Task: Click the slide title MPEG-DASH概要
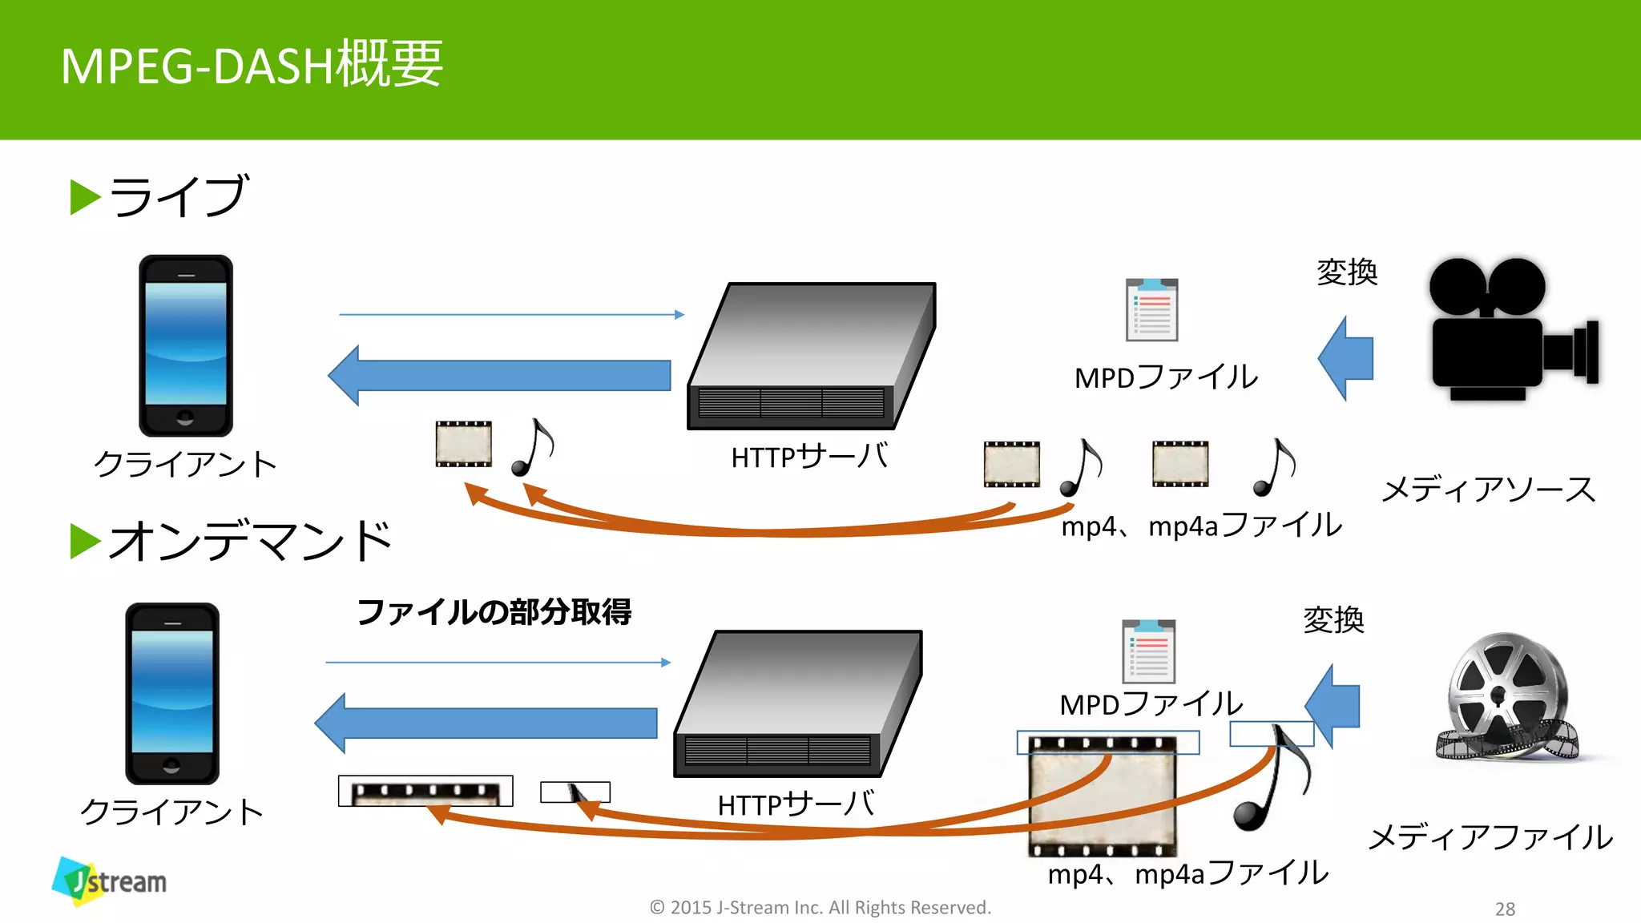(252, 65)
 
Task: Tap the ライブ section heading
(176, 196)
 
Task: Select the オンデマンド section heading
(248, 540)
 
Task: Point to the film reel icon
(1506, 697)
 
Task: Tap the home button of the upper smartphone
(185, 417)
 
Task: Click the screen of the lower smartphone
(172, 691)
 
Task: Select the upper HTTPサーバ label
(809, 457)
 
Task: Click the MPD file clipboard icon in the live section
(1151, 310)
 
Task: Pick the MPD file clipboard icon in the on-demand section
(1148, 651)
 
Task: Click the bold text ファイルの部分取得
(494, 612)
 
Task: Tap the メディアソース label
(1489, 489)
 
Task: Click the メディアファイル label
(1490, 837)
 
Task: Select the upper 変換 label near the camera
(1347, 272)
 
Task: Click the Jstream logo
(110, 881)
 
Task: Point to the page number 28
(1505, 909)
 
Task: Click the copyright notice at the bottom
(820, 907)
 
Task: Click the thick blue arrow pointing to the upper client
(501, 375)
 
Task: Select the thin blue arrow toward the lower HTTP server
(497, 663)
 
